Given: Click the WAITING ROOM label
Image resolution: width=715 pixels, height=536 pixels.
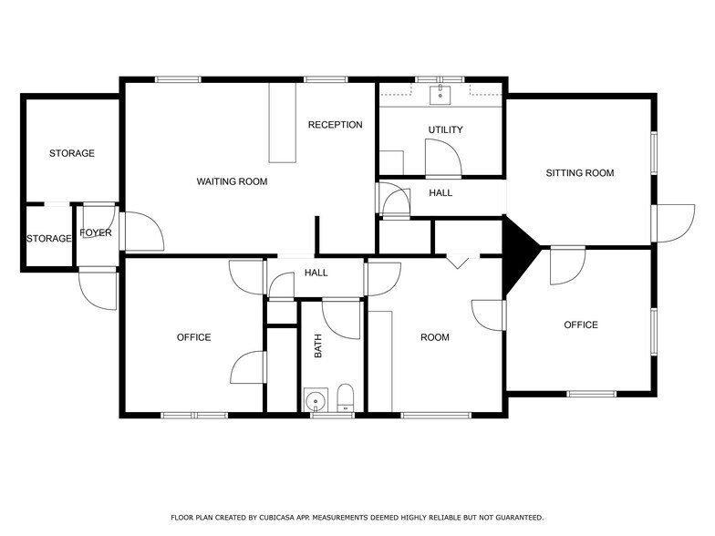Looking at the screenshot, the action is [x=232, y=181].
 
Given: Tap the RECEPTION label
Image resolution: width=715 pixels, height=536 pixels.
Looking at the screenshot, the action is [x=336, y=125].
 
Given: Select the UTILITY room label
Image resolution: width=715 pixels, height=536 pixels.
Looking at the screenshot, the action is [x=445, y=129].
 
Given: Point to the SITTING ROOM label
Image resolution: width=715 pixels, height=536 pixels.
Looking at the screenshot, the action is [x=580, y=173].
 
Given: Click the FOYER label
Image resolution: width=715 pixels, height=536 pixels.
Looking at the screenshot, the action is [x=95, y=233].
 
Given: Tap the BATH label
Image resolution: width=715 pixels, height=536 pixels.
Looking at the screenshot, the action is [x=317, y=346].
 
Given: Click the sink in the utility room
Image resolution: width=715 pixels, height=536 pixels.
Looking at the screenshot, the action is [x=440, y=95].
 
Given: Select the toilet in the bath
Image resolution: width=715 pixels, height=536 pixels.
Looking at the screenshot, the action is [x=345, y=397].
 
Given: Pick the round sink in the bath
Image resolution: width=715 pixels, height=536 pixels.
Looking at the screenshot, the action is [x=316, y=400].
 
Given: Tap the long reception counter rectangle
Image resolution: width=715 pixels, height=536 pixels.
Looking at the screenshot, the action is [x=283, y=122].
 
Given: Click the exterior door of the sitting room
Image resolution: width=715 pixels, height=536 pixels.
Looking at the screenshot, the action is [x=673, y=223].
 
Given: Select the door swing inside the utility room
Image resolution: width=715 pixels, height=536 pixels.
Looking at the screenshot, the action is [x=443, y=158].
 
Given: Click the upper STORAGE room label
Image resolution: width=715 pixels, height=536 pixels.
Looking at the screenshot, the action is [x=71, y=153].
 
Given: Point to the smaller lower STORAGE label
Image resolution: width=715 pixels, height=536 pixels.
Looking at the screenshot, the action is [x=49, y=239].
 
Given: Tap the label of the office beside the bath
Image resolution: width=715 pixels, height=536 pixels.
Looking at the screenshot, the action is [x=193, y=337].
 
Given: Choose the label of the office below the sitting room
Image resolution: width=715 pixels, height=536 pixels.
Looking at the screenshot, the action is [x=580, y=325].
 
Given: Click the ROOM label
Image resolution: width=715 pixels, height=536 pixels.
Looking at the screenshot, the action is [x=434, y=337].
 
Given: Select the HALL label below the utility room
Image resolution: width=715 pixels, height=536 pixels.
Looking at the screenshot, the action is [x=440, y=193].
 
